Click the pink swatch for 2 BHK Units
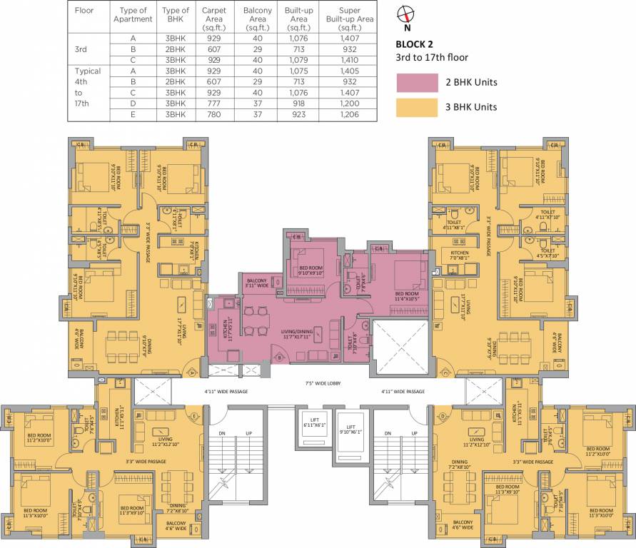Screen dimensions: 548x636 [418, 82]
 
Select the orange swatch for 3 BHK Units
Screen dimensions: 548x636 [418, 107]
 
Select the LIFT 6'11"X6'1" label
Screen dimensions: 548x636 [313, 422]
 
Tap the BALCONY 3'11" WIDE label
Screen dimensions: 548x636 [258, 283]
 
